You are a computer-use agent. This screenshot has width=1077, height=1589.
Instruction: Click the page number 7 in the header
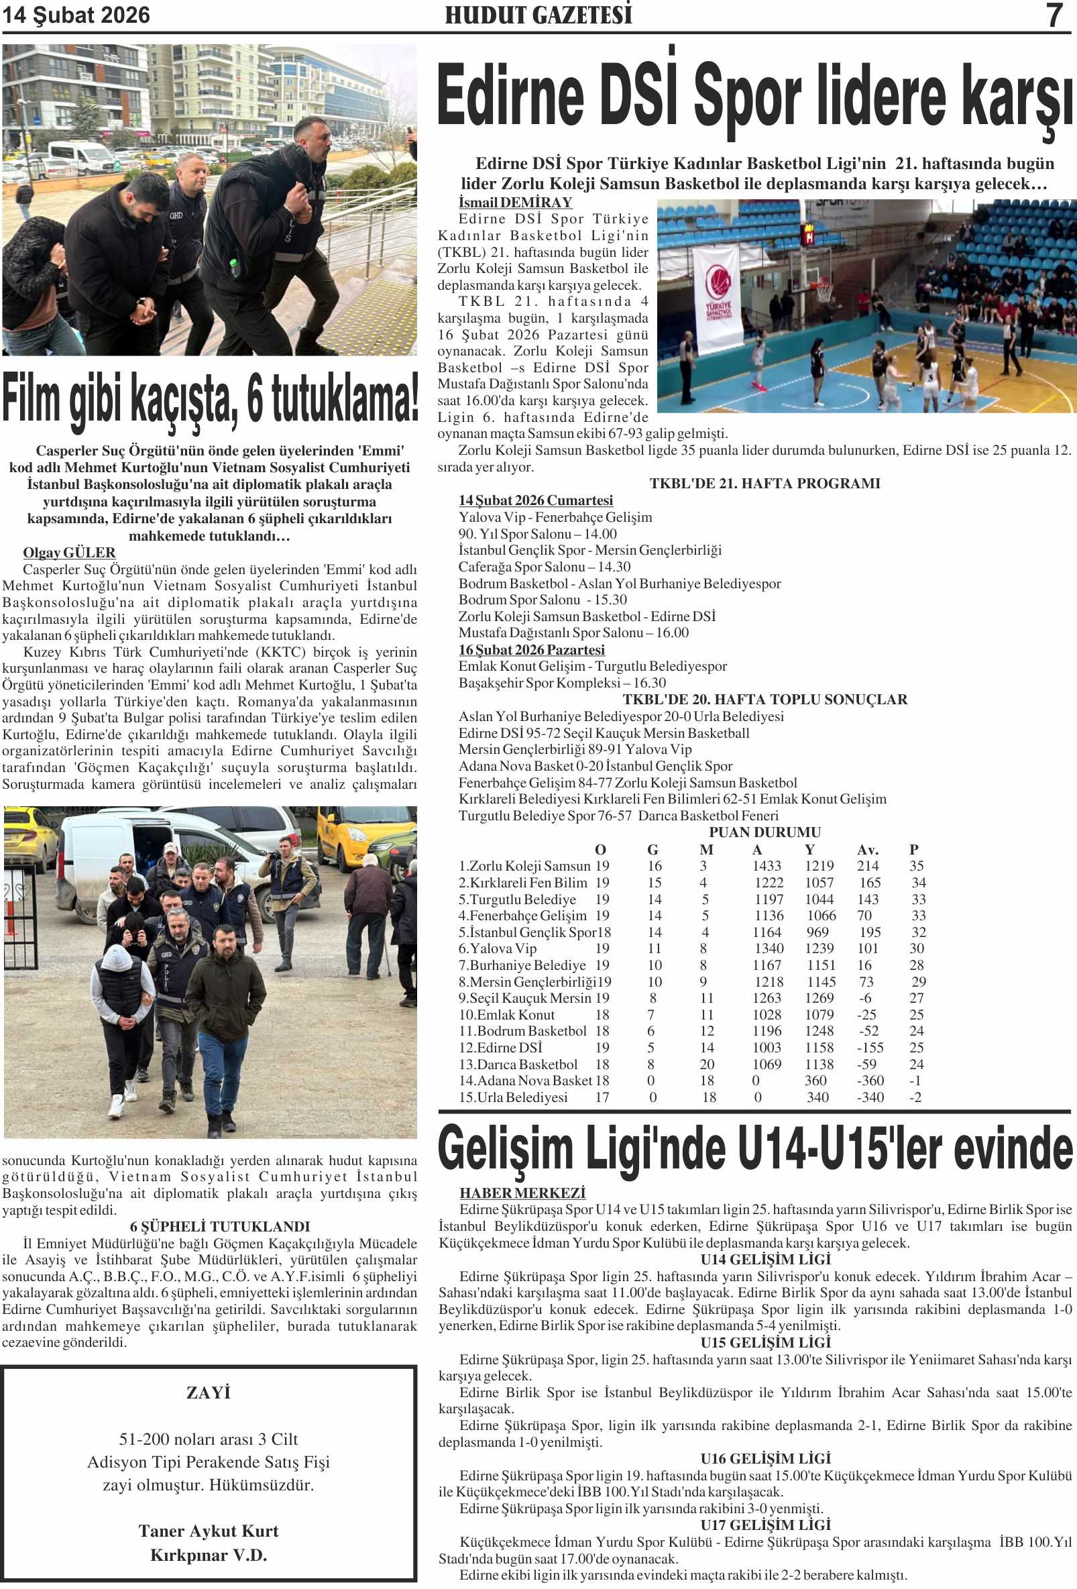(x=1054, y=15)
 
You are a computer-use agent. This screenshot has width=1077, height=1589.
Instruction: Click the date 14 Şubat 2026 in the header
(x=76, y=15)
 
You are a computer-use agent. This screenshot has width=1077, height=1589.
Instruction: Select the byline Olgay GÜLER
(x=69, y=553)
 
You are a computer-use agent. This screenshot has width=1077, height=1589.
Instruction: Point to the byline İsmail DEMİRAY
(x=515, y=203)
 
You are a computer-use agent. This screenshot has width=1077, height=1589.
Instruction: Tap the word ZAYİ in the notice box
(x=209, y=1392)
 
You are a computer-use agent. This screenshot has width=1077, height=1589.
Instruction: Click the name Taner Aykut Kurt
(x=209, y=1530)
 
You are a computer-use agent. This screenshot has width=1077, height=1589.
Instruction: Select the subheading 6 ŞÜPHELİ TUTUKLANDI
(x=219, y=1227)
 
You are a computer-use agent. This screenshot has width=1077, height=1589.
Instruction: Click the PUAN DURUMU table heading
(x=764, y=832)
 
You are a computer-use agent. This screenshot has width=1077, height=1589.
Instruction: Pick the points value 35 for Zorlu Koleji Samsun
(x=916, y=866)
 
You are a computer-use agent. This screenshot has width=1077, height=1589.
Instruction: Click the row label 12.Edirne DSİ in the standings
(x=500, y=1048)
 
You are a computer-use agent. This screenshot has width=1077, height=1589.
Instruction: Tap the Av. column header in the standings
(x=868, y=850)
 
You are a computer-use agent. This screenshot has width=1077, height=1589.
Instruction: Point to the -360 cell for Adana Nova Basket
(x=870, y=1081)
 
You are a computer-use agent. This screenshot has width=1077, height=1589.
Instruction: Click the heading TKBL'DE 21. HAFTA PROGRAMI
(x=764, y=484)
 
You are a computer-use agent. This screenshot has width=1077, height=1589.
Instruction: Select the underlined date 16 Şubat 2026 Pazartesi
(x=531, y=649)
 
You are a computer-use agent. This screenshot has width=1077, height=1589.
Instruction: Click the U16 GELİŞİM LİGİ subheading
(x=765, y=1459)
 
